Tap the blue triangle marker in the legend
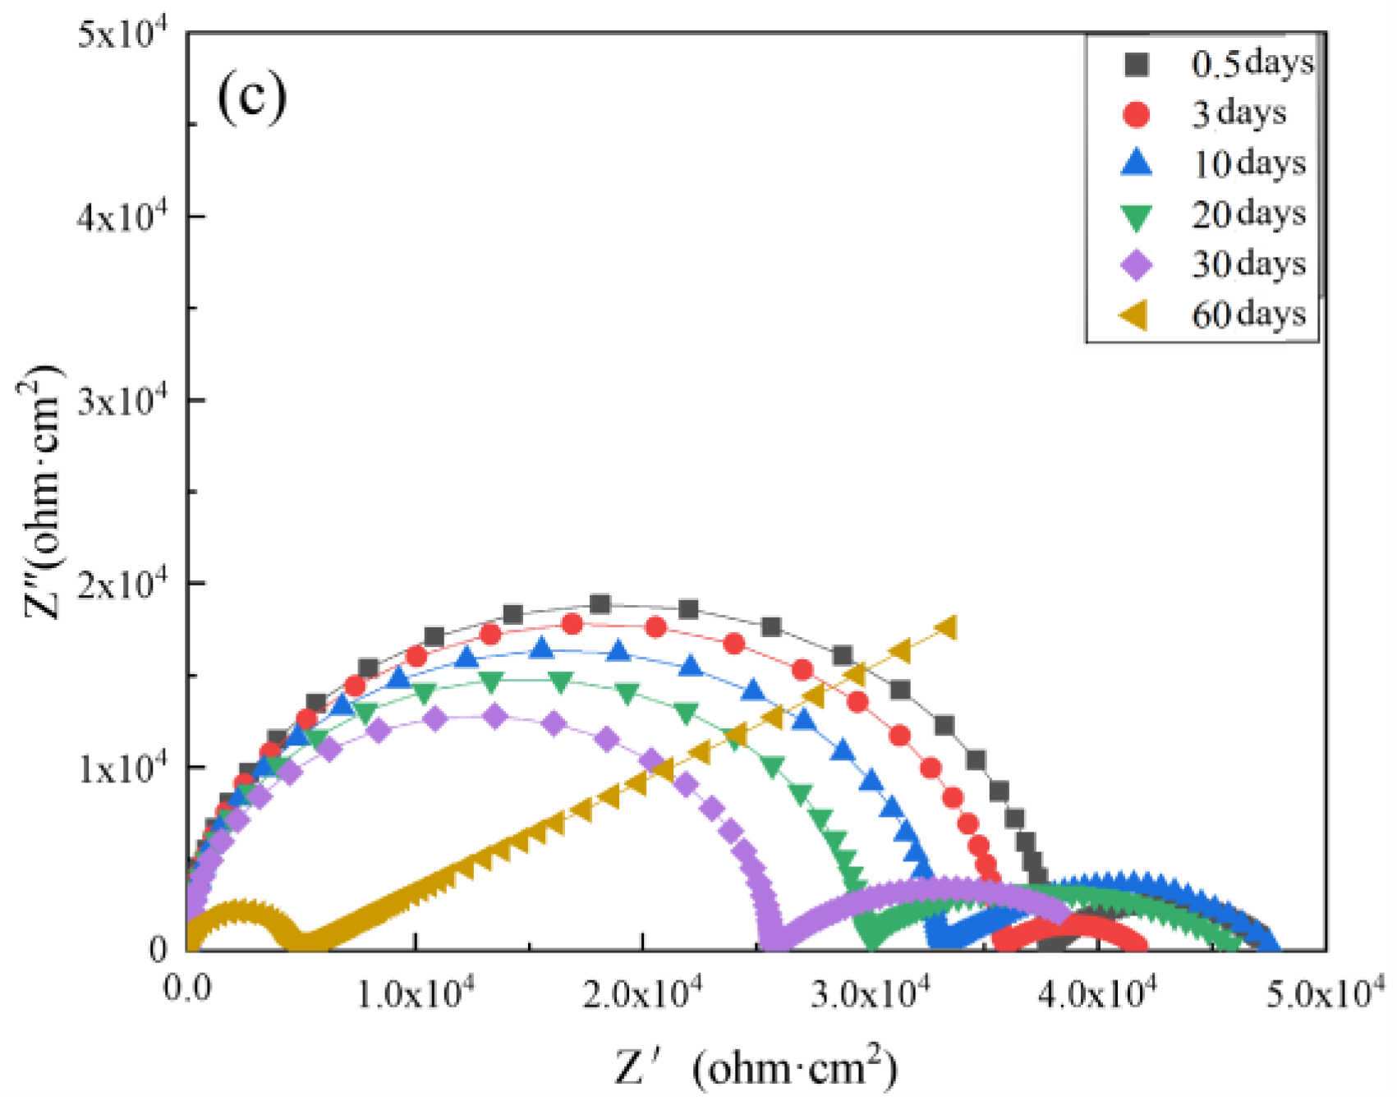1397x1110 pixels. (1137, 163)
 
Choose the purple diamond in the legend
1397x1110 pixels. (1137, 264)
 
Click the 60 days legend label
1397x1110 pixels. (1248, 314)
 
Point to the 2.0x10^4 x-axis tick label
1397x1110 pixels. (643, 993)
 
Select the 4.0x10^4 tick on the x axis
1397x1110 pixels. (1097, 993)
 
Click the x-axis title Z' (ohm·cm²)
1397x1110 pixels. (756, 1067)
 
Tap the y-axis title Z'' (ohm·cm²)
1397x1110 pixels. (41, 493)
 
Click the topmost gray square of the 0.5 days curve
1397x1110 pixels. (600, 604)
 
